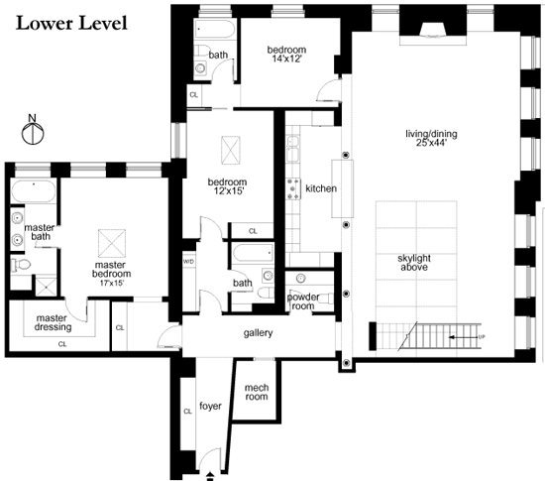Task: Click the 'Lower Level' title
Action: pos(71,24)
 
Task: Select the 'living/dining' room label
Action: pos(431,134)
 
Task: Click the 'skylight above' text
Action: pos(414,263)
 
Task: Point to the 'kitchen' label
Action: pos(321,188)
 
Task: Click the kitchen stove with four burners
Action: pos(293,188)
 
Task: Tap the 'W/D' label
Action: pos(188,262)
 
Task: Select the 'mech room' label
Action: pos(257,392)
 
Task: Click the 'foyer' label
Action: pos(210,406)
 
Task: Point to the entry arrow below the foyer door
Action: pos(210,476)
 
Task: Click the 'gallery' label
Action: pos(258,333)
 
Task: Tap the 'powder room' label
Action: pos(303,301)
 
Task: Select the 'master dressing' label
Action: pos(53,322)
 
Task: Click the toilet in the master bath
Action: pos(21,265)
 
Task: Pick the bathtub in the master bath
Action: pos(34,191)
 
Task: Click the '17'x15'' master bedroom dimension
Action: pos(112,283)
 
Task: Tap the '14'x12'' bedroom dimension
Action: pos(286,59)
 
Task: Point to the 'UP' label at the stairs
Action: pos(482,336)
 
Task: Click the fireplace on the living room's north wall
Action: pos(433,31)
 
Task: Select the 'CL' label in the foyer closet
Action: pos(187,412)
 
